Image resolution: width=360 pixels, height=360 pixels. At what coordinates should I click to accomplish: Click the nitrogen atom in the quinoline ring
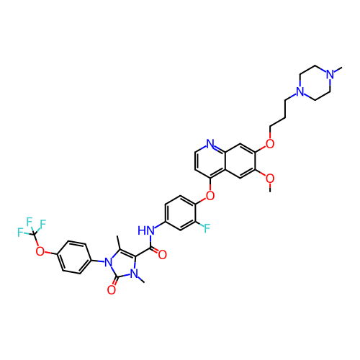coord(210,143)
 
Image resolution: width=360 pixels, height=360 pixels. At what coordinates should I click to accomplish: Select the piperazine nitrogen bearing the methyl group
coord(330,74)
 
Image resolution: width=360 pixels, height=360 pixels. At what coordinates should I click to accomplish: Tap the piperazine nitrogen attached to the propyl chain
coord(300,91)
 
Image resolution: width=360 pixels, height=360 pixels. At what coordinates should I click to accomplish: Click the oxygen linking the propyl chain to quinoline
coord(270,144)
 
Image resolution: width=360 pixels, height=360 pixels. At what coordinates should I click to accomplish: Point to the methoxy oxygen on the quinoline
coord(270,179)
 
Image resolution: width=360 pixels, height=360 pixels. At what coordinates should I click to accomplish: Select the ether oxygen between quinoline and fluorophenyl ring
coord(210,196)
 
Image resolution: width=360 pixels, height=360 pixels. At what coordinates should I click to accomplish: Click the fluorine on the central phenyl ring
coord(207,228)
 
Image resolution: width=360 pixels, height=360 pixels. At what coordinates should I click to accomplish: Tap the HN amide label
coord(146,230)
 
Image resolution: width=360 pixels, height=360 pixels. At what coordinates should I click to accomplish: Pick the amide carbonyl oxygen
coord(163,255)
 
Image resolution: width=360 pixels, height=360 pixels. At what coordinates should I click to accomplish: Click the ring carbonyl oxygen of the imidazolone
coord(112,290)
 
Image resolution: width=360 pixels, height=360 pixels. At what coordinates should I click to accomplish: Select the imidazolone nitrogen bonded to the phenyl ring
coord(109,263)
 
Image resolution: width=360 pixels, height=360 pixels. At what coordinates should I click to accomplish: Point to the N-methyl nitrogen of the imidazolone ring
coord(134,274)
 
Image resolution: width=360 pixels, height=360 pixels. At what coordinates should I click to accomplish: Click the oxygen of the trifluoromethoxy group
coord(40,251)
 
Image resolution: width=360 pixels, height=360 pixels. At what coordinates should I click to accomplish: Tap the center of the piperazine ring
coord(315,83)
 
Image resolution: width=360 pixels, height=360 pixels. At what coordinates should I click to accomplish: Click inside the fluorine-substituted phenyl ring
coord(180,213)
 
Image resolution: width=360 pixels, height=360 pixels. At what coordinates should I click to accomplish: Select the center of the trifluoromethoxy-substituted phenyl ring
coord(74,257)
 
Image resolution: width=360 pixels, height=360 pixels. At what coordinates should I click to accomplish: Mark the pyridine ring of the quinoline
coord(210,161)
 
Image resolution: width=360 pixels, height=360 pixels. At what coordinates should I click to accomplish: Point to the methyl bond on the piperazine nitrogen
coord(338,70)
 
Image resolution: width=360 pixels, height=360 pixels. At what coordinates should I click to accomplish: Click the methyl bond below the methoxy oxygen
coord(270,187)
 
